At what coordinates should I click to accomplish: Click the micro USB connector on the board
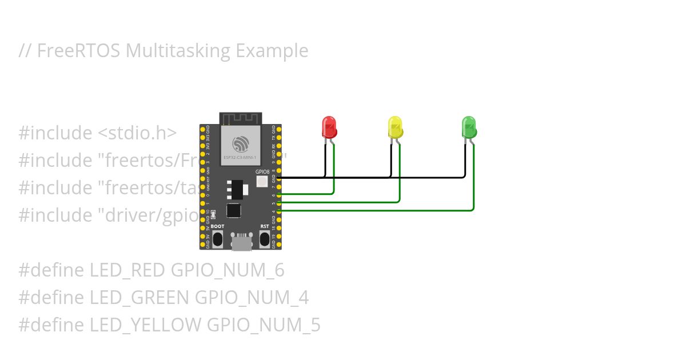241,242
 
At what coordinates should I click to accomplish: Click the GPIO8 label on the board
262,171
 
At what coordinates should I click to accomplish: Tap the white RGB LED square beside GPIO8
262,182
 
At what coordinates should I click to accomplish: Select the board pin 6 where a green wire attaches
278,195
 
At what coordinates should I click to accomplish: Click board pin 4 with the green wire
278,211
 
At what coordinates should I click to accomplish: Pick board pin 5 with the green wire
278,203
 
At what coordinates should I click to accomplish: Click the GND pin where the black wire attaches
278,178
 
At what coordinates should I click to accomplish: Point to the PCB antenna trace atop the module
241,119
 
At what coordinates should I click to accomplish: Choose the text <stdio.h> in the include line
137,133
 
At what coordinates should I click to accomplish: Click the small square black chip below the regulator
233,210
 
